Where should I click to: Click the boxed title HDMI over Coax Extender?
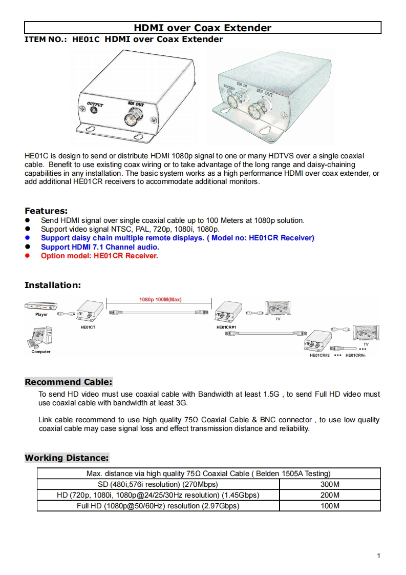coord(203,28)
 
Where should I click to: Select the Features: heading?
coord(46,211)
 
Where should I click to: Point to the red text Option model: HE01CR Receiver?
coord(99,256)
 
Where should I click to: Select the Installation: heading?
coord(53,285)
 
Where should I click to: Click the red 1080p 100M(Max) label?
coord(160,299)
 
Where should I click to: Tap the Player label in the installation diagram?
coord(41,315)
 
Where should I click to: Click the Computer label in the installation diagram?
coord(41,352)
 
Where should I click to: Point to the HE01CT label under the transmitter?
coord(88,327)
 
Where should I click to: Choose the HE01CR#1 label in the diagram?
coord(226,327)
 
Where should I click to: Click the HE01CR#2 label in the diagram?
coord(319,355)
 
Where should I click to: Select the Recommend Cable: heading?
coord(68,382)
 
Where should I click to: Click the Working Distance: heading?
coord(67,458)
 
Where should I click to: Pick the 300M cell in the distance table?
coord(330,484)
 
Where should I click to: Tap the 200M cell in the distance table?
coord(330,495)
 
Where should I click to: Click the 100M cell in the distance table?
coord(330,506)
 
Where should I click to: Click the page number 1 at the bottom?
coord(378,556)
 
